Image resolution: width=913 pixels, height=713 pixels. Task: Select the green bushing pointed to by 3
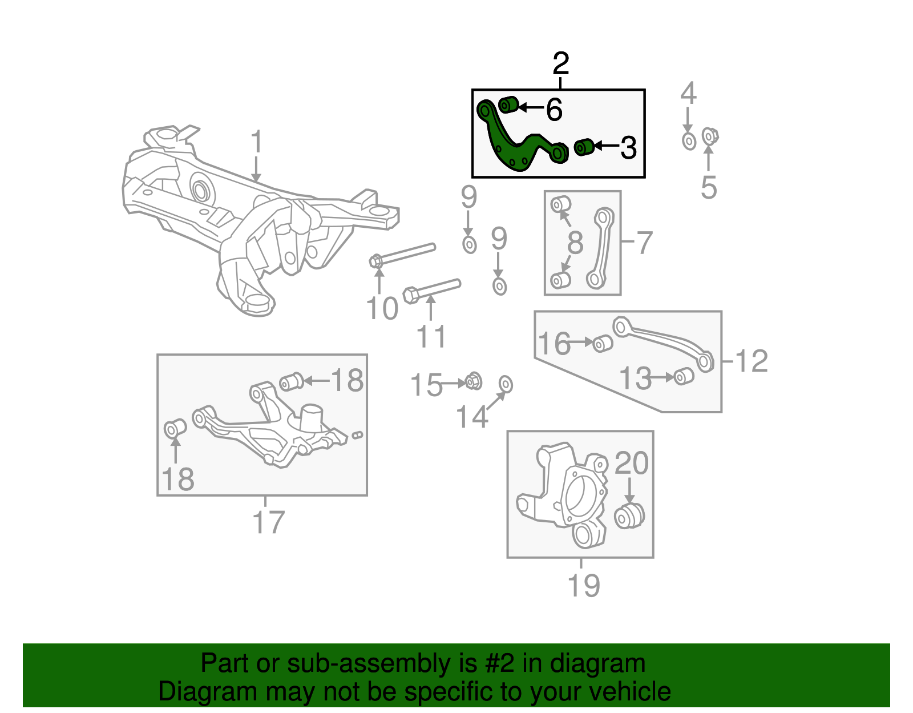pos(583,147)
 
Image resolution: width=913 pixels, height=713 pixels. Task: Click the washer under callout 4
pos(689,140)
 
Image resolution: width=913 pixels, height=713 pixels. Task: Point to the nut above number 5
pos(709,136)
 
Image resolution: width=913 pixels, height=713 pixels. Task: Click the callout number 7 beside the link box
pos(644,243)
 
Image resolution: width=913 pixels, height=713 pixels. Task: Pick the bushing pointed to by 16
pos(602,344)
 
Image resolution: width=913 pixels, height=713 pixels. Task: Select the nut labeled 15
pos(473,381)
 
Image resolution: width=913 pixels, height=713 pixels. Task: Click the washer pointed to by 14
pos(506,385)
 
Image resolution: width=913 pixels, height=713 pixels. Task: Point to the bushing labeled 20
pos(629,515)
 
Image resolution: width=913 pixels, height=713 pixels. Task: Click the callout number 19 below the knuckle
pos(583,585)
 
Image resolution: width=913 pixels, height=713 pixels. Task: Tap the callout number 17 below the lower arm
pos(268,522)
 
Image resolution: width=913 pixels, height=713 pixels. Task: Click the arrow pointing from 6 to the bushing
pos(530,107)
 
